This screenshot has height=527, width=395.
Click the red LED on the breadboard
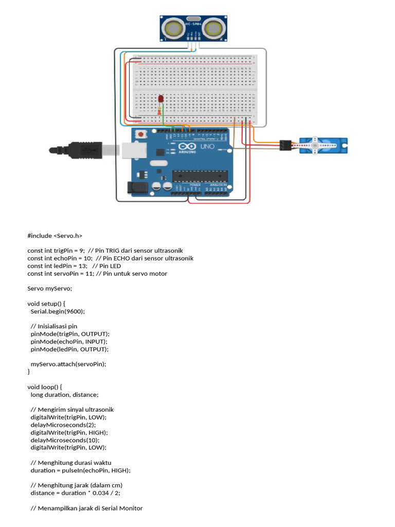(161, 98)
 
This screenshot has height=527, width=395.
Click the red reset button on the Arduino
(139, 134)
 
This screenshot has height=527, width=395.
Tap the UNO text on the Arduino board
(206, 147)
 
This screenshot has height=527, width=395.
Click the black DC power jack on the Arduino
(137, 187)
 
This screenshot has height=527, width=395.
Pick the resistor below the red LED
(161, 109)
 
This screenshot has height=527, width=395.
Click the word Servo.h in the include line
(67, 235)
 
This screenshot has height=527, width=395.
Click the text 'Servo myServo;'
(50, 288)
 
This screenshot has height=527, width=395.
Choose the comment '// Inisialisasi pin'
(54, 326)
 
